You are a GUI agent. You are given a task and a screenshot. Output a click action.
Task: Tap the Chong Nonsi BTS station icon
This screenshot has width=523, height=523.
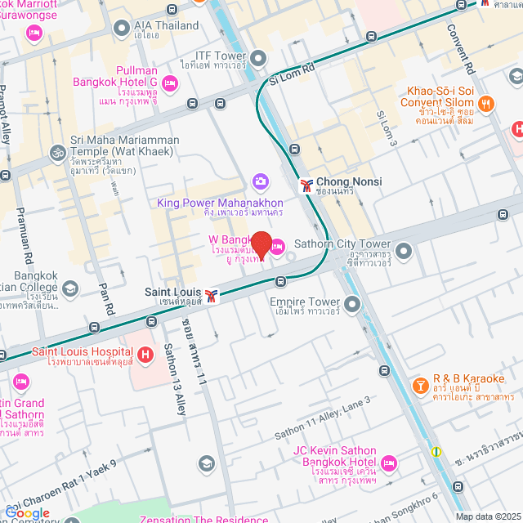(x=306, y=186)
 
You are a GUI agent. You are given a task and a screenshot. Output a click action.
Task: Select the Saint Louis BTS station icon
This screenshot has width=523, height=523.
(x=212, y=296)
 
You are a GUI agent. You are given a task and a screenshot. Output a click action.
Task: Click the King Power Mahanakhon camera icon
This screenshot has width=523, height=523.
(x=261, y=181)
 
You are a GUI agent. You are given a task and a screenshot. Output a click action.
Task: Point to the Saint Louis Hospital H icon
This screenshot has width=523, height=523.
(x=145, y=355)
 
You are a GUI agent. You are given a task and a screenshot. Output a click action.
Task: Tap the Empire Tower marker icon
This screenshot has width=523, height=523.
(x=352, y=305)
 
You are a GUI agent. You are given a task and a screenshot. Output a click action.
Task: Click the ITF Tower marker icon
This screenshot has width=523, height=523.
(x=259, y=58)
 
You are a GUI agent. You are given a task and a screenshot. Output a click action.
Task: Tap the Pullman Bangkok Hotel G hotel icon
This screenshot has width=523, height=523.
(x=170, y=82)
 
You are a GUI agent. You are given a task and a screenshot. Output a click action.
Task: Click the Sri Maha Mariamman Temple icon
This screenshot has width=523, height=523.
(x=58, y=152)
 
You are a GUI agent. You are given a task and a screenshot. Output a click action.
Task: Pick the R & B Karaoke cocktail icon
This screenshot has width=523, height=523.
(x=419, y=384)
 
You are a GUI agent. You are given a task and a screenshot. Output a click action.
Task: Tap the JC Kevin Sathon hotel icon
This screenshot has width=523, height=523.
(x=389, y=463)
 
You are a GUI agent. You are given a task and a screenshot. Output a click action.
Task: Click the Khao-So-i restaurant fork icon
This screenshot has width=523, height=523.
(x=486, y=103)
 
